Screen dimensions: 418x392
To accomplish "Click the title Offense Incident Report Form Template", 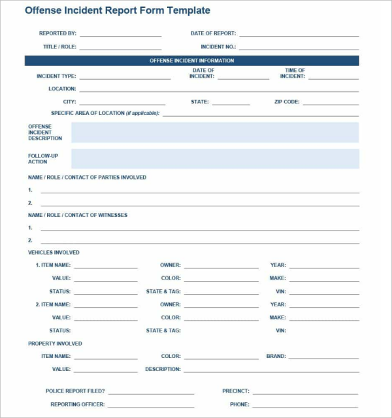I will [118, 11].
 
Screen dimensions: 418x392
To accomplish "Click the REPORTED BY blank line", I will [120, 35].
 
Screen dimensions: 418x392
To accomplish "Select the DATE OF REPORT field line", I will [299, 35].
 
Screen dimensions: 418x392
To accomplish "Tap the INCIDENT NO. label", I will [218, 47].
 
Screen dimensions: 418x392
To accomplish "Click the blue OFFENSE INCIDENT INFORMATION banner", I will [191, 61].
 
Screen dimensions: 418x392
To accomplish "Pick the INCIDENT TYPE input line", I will [125, 78].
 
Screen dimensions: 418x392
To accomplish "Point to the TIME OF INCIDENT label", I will [293, 73].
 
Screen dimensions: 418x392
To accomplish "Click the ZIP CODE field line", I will [331, 103].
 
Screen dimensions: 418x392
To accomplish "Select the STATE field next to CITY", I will [231, 103].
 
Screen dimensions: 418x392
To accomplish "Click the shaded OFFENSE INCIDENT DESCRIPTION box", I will [214, 132].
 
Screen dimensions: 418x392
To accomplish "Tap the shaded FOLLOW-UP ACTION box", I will [214, 159].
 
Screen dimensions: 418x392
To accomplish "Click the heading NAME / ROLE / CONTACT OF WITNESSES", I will [78, 215].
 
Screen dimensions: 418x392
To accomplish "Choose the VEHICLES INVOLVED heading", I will [54, 252].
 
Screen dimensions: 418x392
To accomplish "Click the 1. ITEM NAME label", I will [53, 265].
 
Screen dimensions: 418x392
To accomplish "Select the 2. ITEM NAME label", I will [53, 304].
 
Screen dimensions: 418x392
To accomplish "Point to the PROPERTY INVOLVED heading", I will [55, 344].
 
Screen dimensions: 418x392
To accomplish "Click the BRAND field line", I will [324, 358].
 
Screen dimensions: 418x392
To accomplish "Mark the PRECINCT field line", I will [306, 393].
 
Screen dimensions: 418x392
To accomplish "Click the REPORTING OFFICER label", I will [78, 404].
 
